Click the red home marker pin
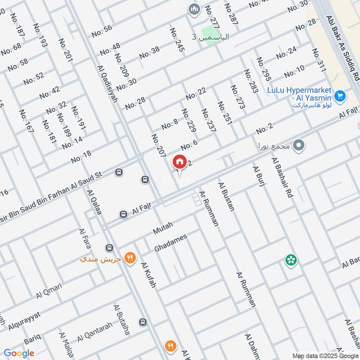(x=180, y=162)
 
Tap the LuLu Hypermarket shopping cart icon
(x=340, y=96)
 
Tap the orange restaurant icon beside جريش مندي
(x=130, y=258)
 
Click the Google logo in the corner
(x=19, y=353)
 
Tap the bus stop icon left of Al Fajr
(x=123, y=214)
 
